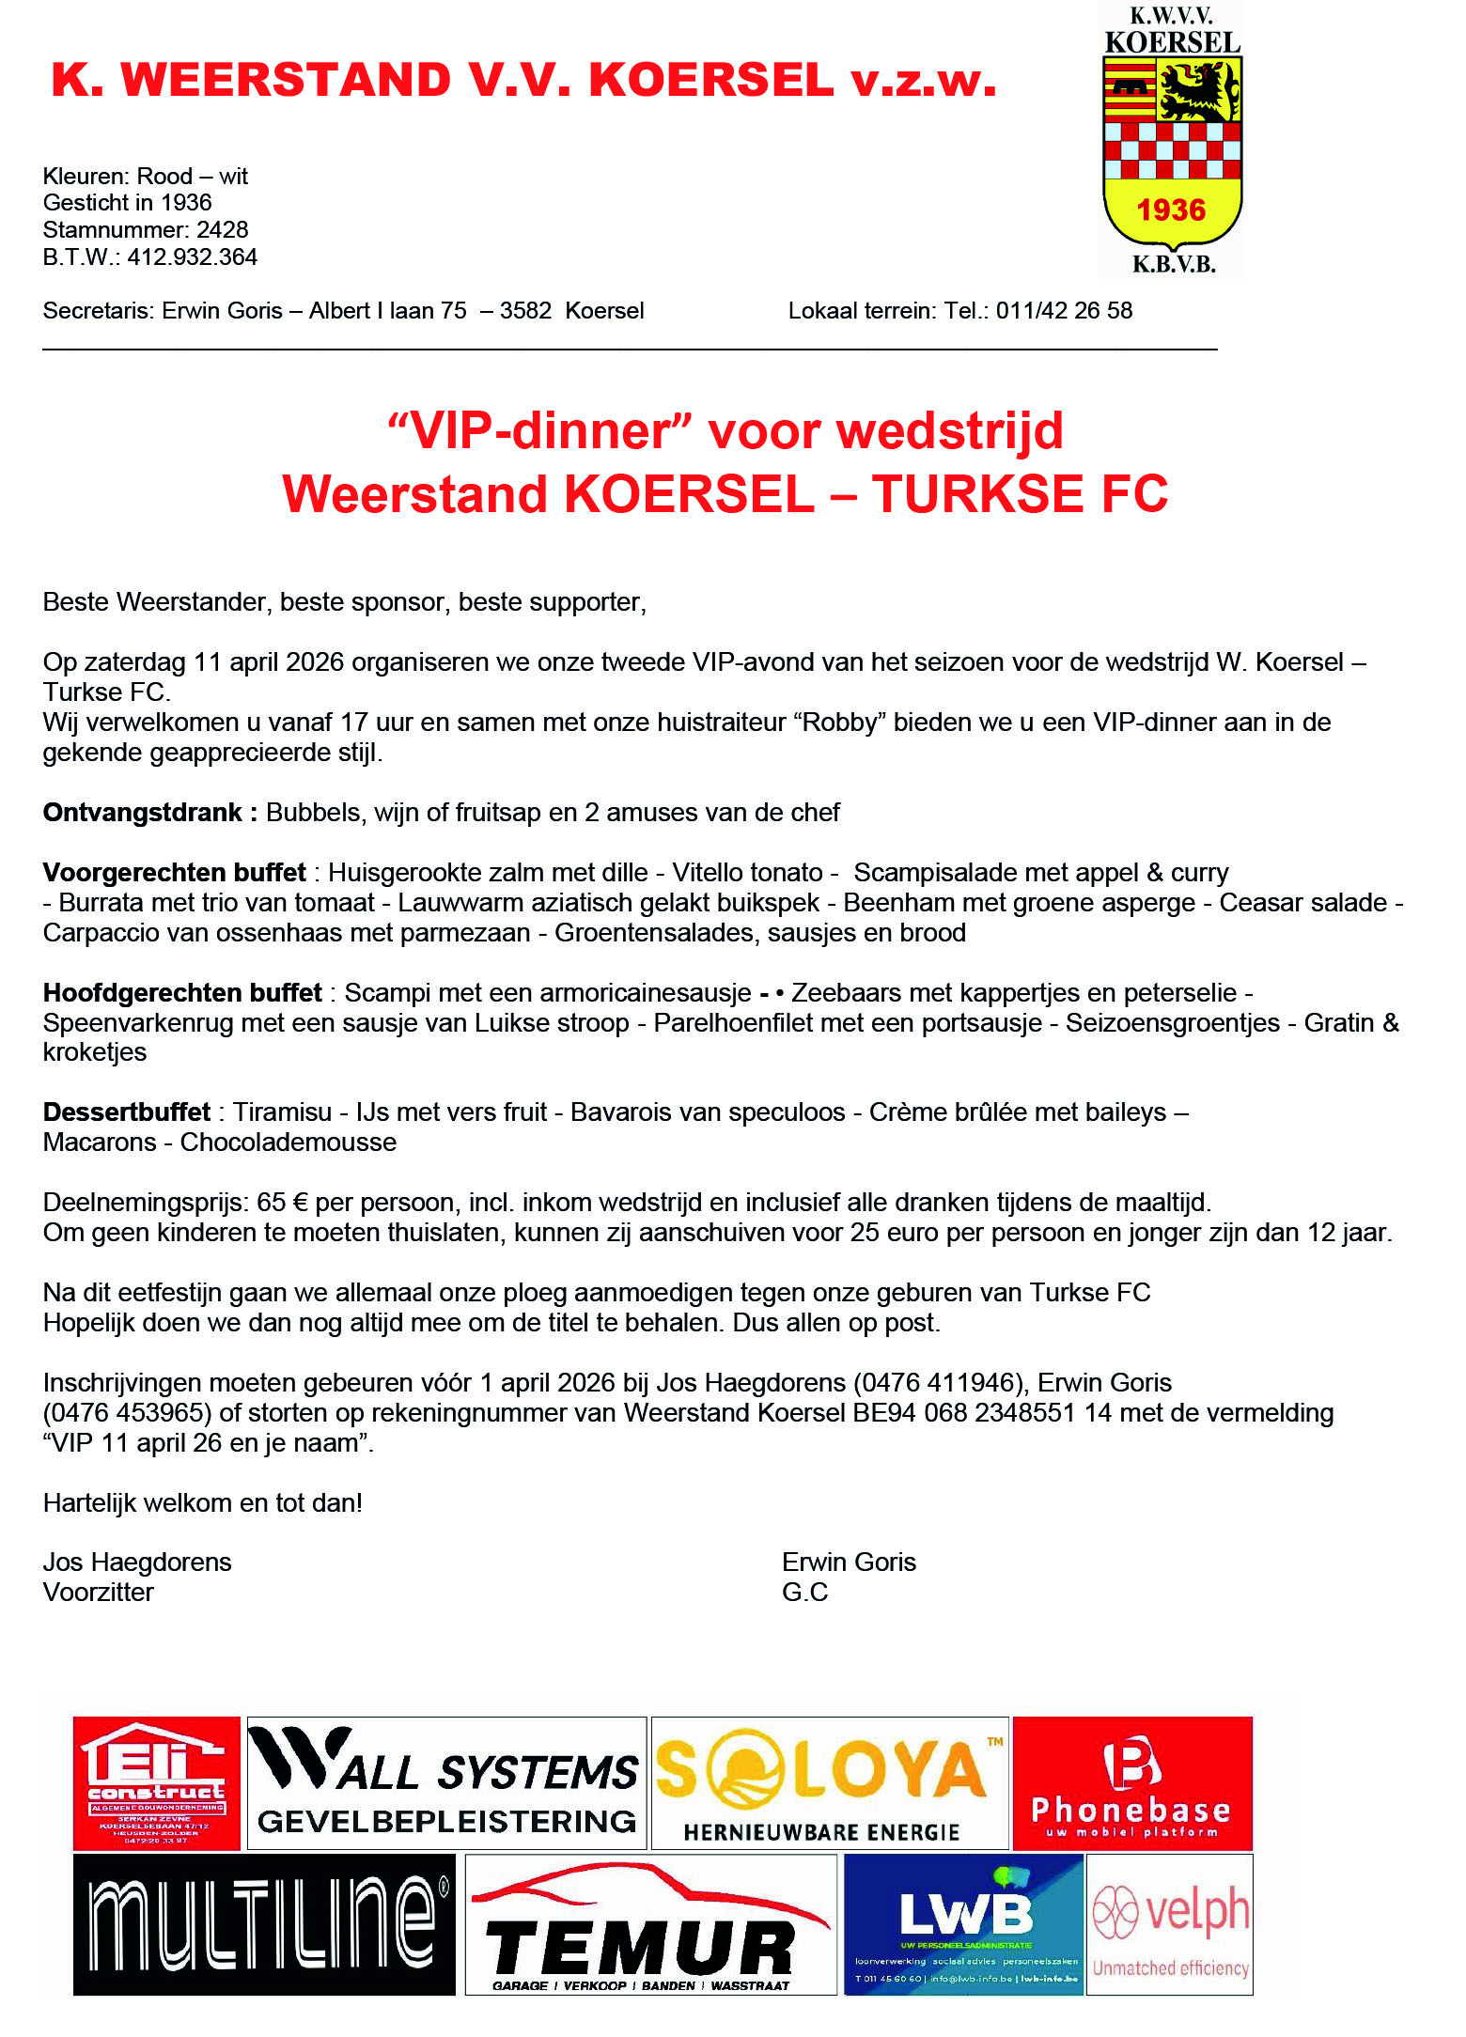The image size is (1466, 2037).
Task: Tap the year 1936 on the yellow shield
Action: tap(1171, 210)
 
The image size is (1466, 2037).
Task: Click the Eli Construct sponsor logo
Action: tap(157, 1782)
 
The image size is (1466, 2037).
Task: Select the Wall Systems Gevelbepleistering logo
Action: tap(446, 1782)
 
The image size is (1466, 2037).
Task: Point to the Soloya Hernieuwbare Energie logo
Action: tap(829, 1782)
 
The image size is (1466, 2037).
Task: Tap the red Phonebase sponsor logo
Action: tap(1131, 1782)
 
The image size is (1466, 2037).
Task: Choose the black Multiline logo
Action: tap(264, 1924)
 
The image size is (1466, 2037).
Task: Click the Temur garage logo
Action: tap(650, 1924)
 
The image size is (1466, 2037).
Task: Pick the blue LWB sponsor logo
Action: tap(964, 1924)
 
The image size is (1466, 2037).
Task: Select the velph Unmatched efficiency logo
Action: tap(1170, 1924)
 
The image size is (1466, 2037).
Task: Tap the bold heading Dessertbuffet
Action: tap(127, 1112)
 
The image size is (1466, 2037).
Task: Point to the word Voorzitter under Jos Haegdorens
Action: tap(98, 1592)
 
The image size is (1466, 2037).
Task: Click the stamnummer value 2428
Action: tap(223, 229)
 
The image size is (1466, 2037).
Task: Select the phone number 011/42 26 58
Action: tap(1064, 310)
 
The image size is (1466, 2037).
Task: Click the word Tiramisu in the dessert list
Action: tap(282, 1112)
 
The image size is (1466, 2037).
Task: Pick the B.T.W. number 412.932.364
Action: tap(193, 257)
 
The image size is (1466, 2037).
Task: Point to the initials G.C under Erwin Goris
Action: tap(804, 1592)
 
